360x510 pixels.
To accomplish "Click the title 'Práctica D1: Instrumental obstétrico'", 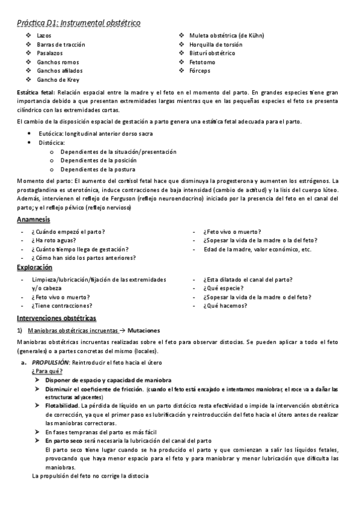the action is tap(78, 23).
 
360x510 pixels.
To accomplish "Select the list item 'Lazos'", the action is tap(44, 36).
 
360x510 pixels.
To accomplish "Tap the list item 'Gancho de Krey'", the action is tap(57, 79).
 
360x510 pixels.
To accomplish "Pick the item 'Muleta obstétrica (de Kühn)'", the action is tap(226, 36).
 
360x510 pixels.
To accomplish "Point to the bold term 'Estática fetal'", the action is tap(36, 93).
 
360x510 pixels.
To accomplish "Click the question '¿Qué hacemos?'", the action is tap(225, 306).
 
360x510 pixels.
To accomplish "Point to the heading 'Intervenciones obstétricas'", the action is tap(56, 318).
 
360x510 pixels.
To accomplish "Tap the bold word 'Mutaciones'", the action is tap(144, 330).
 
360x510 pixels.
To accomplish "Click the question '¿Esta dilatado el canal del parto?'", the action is tap(248, 280).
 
